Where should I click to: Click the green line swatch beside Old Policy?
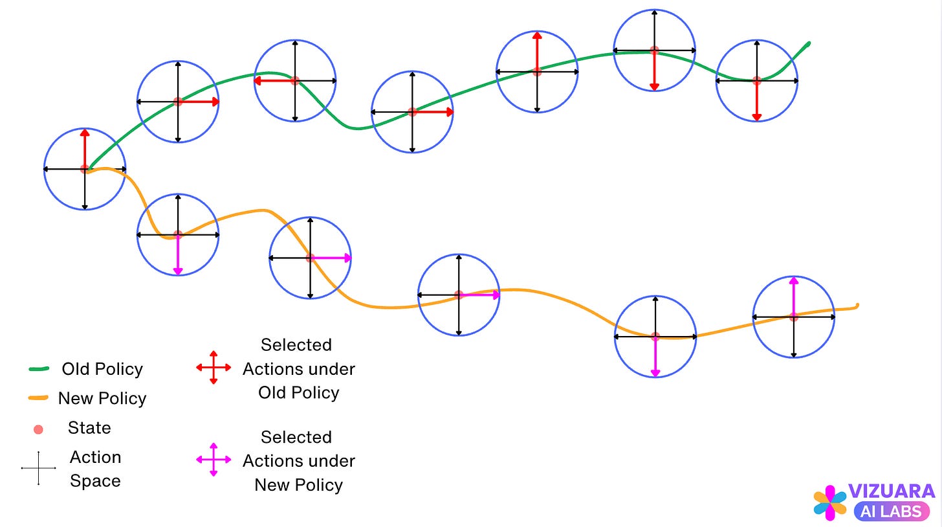pyautogui.click(x=39, y=369)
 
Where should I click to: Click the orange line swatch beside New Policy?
pyautogui.click(x=39, y=398)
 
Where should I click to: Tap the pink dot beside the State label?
pyautogui.click(x=38, y=429)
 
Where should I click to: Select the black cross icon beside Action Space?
pyautogui.click(x=38, y=468)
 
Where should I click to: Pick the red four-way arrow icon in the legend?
pyautogui.click(x=214, y=368)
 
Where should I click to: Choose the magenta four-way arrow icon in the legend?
pyautogui.click(x=214, y=460)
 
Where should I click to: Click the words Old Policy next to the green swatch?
pyautogui.click(x=102, y=369)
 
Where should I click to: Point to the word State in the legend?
pyautogui.click(x=89, y=428)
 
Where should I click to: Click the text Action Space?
pyautogui.click(x=95, y=469)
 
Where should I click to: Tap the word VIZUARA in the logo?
pyautogui.click(x=891, y=491)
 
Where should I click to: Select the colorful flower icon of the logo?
pyautogui.click(x=830, y=503)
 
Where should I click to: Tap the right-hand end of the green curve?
pyautogui.click(x=808, y=44)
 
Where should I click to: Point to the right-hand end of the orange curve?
pyautogui.click(x=857, y=306)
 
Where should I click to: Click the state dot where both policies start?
pyautogui.click(x=85, y=169)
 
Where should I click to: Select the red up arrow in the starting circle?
pyautogui.click(x=85, y=148)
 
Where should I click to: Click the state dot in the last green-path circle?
pyautogui.click(x=757, y=81)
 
